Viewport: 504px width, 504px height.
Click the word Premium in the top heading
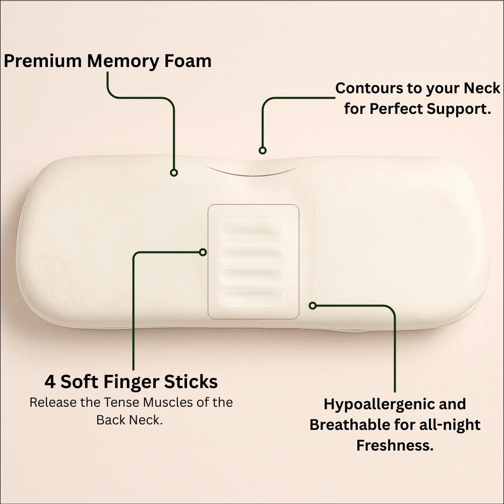[43, 61]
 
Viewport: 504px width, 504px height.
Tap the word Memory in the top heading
[122, 61]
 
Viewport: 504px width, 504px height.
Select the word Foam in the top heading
[187, 61]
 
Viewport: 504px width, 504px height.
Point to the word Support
[459, 109]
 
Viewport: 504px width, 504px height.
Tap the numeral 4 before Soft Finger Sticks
[49, 382]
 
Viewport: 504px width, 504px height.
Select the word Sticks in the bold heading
[191, 382]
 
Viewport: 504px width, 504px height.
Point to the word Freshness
[395, 446]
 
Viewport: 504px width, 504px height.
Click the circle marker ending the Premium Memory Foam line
[174, 172]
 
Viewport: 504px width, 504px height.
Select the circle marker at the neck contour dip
[263, 150]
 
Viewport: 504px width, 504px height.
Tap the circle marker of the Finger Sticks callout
[203, 253]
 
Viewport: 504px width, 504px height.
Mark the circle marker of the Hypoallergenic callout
[313, 305]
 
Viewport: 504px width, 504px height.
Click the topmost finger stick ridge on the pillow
[252, 228]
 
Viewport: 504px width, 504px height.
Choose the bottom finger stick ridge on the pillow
[253, 298]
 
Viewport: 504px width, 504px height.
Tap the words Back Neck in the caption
[130, 420]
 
